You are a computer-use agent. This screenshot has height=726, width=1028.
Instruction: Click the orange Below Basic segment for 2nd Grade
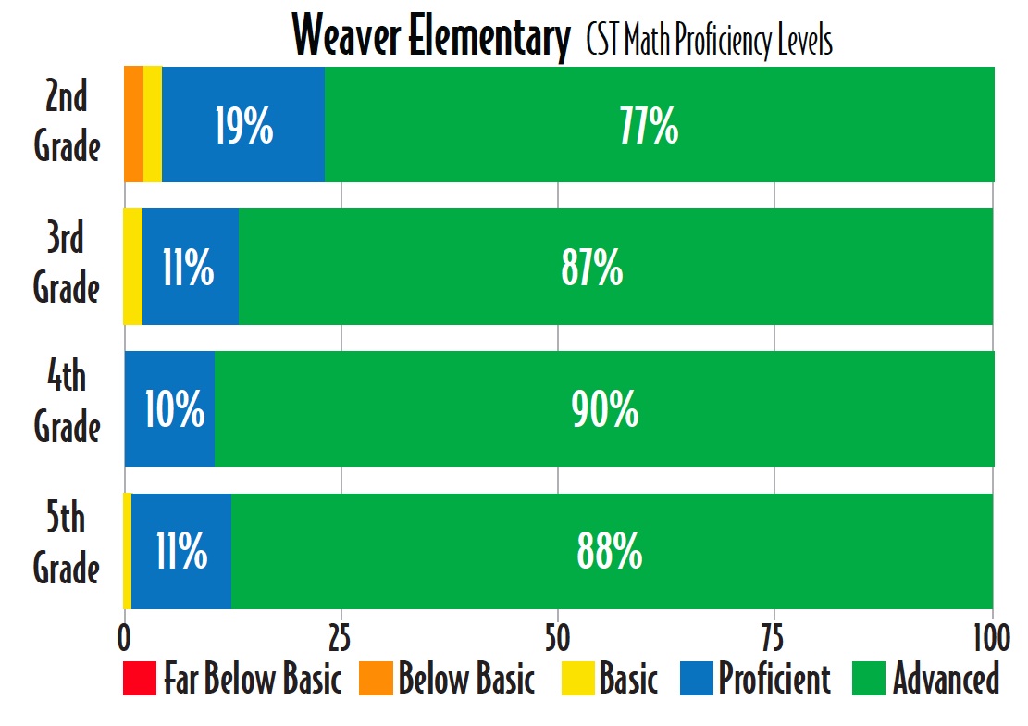(x=133, y=124)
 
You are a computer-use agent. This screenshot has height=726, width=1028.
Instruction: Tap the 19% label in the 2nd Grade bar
(x=243, y=127)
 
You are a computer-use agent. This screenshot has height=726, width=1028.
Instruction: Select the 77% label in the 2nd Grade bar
(x=649, y=127)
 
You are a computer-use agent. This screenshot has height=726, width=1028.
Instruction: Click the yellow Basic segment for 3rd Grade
(x=133, y=267)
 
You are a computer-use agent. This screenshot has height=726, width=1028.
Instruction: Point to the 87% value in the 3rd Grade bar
(x=591, y=269)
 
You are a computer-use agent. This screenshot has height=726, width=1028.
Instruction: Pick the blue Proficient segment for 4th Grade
(x=170, y=408)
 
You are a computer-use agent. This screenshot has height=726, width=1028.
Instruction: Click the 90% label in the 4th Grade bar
(x=604, y=410)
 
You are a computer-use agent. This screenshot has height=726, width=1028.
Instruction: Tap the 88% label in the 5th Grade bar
(x=609, y=552)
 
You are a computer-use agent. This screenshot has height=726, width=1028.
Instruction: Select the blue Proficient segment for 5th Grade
(x=181, y=551)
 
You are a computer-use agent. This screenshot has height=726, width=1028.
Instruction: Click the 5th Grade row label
(x=67, y=544)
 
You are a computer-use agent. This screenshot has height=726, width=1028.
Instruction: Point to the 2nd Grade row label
(x=67, y=122)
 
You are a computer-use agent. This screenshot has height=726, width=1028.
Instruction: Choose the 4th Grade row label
(x=67, y=403)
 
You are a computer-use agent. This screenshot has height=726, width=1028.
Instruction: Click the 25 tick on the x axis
(x=341, y=638)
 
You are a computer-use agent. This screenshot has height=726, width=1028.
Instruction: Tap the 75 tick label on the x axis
(x=774, y=638)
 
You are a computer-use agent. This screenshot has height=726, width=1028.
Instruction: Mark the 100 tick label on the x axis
(x=991, y=638)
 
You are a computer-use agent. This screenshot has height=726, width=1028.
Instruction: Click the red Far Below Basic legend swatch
(x=139, y=680)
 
